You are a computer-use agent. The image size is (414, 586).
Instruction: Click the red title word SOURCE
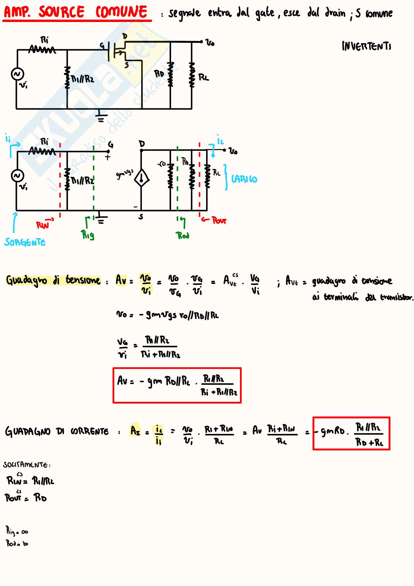(x=61, y=12)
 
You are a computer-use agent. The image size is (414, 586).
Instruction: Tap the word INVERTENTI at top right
(x=366, y=46)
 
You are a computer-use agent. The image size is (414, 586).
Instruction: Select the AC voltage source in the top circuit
(x=17, y=74)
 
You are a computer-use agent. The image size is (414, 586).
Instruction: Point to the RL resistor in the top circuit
(x=192, y=75)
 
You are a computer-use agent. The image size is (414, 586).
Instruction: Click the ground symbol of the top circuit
(x=101, y=117)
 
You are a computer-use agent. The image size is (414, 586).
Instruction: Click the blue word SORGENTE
(x=25, y=242)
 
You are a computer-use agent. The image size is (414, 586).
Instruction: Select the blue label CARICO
(x=244, y=179)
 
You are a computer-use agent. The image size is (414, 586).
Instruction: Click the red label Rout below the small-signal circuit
(x=219, y=220)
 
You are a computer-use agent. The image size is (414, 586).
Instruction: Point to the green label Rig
(x=88, y=235)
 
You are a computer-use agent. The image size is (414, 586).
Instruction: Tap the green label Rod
(x=183, y=236)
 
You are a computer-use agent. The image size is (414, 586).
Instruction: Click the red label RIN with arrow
(x=43, y=225)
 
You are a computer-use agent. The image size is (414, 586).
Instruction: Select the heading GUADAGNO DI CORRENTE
(x=57, y=431)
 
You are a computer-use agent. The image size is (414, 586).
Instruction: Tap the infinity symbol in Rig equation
(x=25, y=532)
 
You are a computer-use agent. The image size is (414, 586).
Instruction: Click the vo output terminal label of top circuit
(x=210, y=43)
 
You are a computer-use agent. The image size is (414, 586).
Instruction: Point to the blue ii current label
(x=8, y=138)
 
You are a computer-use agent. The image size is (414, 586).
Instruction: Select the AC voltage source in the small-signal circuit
(x=17, y=176)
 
